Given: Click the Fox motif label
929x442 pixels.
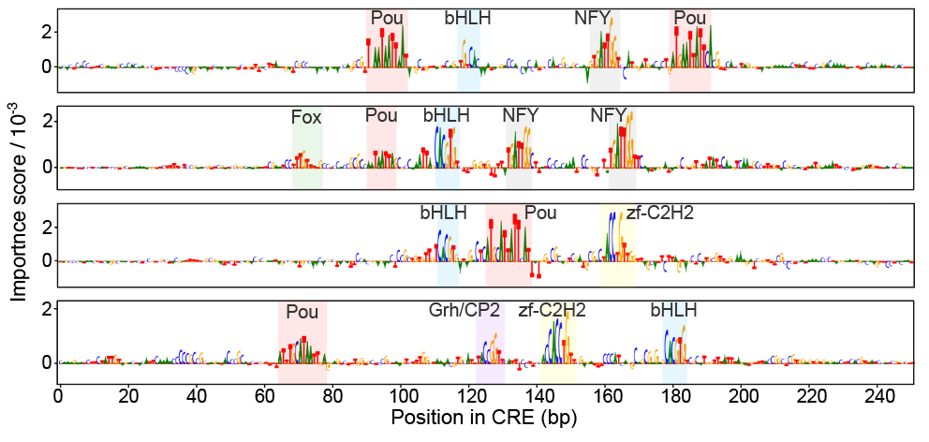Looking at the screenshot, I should (x=306, y=118).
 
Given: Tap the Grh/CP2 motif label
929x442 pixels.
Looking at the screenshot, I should (x=464, y=310).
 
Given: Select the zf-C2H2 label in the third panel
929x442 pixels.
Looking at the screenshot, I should (x=660, y=213).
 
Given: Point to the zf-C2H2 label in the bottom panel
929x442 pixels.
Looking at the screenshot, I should (x=552, y=310).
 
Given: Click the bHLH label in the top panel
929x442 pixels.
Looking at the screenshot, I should (x=467, y=18).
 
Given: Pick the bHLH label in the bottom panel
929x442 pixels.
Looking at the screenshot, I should (x=673, y=310).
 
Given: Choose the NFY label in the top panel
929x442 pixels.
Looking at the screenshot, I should (x=593, y=18).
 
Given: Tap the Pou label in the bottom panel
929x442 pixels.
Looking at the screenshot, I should (x=302, y=312).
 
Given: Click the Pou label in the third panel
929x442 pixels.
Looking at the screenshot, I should (x=540, y=213).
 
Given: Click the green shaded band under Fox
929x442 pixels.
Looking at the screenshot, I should (x=307, y=159).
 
